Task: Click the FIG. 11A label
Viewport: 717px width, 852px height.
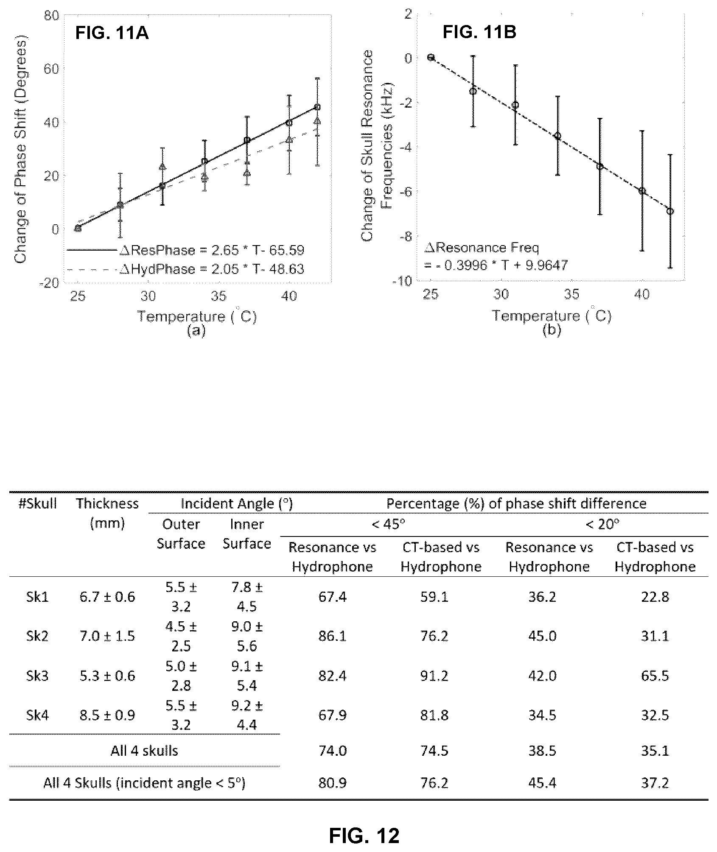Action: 112,33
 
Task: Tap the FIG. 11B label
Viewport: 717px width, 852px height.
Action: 480,32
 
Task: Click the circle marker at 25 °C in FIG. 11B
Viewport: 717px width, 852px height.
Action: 431,57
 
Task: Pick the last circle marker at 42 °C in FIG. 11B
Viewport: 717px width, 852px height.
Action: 671,211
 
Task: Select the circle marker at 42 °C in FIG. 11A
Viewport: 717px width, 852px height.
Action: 317,107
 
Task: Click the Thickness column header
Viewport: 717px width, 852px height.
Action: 107,513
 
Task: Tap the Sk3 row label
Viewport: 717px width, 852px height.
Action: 37,676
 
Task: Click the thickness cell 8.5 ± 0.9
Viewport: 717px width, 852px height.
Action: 107,715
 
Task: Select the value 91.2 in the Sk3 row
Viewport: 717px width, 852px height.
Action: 434,676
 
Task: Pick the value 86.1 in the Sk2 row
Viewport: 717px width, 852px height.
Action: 332,636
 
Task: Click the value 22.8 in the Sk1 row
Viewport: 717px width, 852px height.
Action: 655,597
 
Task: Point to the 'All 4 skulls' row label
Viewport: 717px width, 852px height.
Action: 144,751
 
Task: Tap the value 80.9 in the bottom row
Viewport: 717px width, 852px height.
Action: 332,782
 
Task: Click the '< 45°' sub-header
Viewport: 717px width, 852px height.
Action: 388,525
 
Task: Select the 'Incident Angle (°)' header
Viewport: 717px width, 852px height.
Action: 237,504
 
